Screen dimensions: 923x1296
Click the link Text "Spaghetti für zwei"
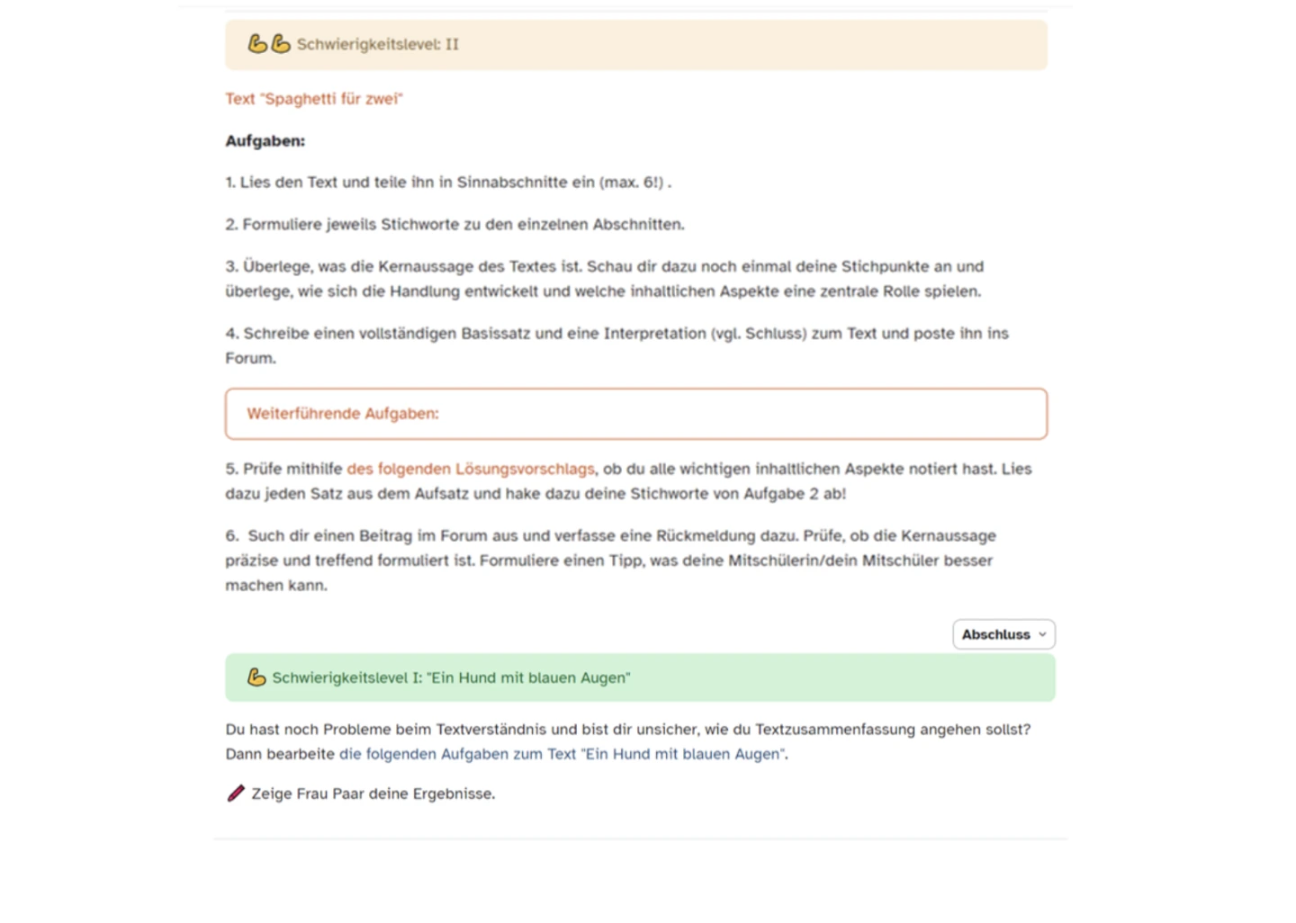click(314, 99)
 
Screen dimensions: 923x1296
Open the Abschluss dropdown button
click(1003, 634)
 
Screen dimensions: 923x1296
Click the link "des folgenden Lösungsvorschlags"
click(470, 469)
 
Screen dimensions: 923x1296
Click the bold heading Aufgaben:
click(265, 141)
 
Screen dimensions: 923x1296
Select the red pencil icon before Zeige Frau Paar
click(236, 793)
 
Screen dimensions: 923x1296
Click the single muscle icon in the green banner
click(256, 677)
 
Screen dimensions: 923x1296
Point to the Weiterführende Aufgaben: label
click(343, 414)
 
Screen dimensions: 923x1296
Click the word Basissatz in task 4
click(496, 333)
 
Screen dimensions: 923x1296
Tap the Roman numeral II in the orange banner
click(452, 44)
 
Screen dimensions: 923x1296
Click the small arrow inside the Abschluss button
click(1042, 634)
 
